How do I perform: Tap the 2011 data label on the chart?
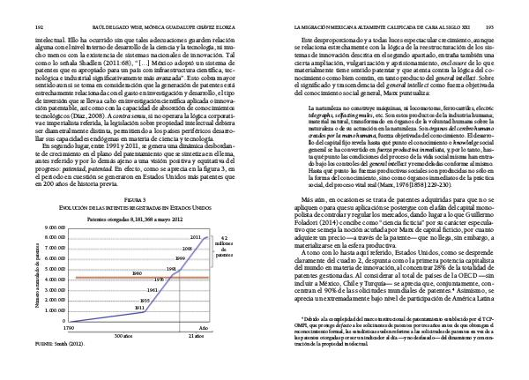pyautogui.click(x=196, y=237)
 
